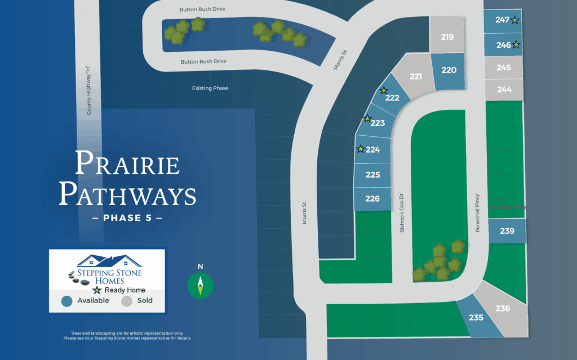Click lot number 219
[x=447, y=37]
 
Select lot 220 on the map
[x=449, y=70]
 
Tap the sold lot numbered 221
[x=416, y=77]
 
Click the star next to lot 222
[x=384, y=90]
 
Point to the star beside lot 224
[x=361, y=149]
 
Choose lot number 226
[x=372, y=199]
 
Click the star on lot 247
[x=515, y=20]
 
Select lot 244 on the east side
[x=504, y=89]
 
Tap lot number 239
[x=507, y=231]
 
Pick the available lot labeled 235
[x=476, y=318]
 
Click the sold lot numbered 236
[x=503, y=309]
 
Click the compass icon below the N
[x=200, y=286]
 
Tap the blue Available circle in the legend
[x=67, y=301]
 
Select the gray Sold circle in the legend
[x=127, y=301]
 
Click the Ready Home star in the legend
[x=97, y=290]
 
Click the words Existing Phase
[x=210, y=88]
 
